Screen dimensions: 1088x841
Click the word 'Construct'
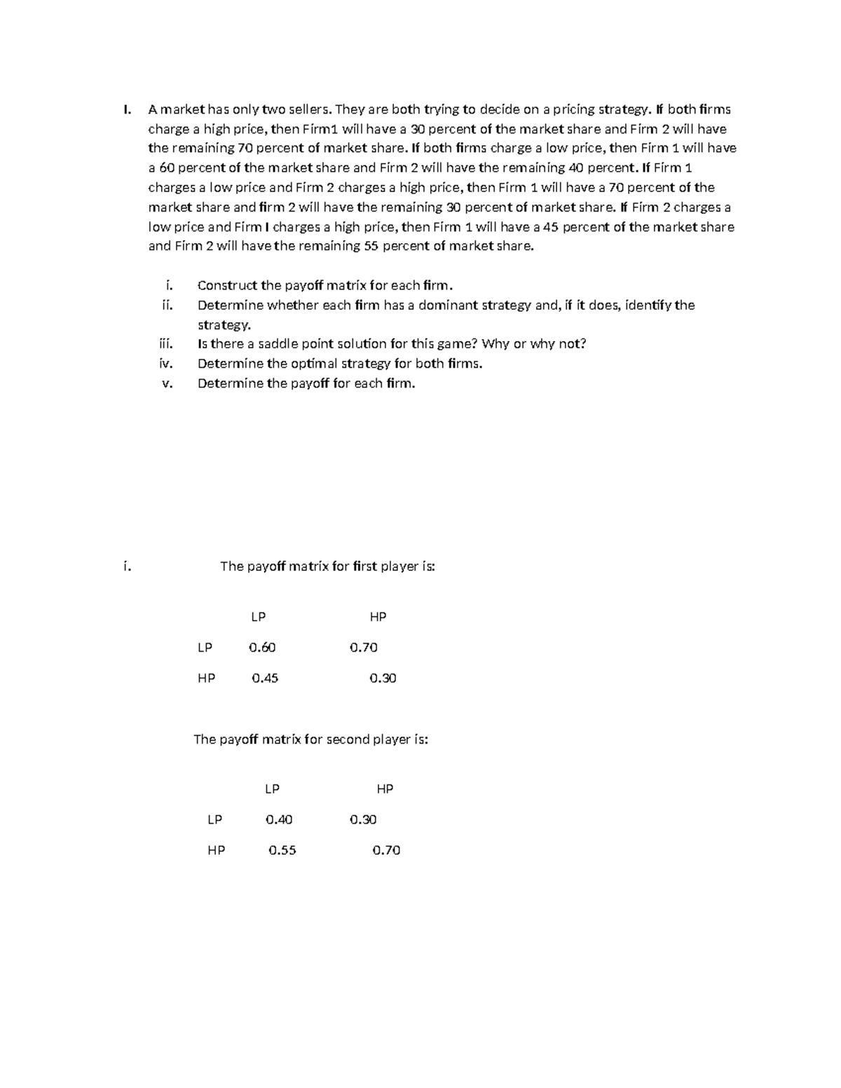coord(227,286)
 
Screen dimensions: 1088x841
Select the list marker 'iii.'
coord(165,344)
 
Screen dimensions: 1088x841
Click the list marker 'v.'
coord(167,383)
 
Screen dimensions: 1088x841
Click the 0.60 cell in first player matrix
coord(262,648)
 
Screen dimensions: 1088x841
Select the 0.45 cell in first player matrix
coord(265,678)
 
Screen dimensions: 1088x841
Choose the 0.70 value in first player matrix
coord(363,648)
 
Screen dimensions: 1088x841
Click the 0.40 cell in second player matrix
coord(279,820)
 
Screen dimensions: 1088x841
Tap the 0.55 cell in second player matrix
coord(282,851)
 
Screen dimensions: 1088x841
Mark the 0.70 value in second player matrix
coord(386,851)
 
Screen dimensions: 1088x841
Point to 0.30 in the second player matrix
coord(363,820)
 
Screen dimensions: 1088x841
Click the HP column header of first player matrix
coord(378,617)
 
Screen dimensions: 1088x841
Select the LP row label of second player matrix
coord(214,820)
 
